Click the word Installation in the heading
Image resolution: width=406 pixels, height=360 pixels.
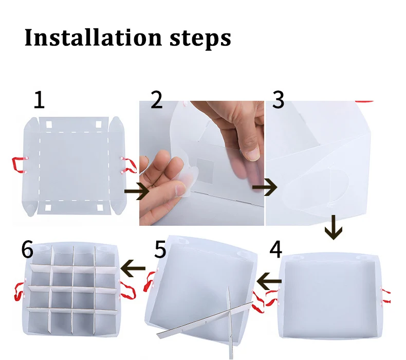click(93, 38)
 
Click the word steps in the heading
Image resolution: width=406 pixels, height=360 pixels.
click(200, 40)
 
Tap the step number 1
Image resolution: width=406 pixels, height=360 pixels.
click(40, 100)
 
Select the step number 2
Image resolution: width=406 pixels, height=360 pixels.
click(156, 100)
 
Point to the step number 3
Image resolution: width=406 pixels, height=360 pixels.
click(279, 100)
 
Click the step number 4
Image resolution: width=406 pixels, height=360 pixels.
click(276, 249)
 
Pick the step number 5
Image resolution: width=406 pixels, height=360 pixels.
click(160, 249)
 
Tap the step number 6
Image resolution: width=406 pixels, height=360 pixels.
click(27, 249)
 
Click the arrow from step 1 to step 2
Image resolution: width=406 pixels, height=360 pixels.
click(137, 191)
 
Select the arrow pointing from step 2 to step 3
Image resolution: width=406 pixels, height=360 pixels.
click(265, 187)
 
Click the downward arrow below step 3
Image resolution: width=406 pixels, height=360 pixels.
click(334, 227)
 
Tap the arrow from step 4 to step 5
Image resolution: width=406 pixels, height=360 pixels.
click(269, 281)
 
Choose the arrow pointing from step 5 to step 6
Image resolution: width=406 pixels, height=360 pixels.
click(133, 268)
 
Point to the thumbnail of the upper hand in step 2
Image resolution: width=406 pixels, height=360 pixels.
click(253, 153)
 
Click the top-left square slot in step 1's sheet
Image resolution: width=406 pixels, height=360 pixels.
click(49, 124)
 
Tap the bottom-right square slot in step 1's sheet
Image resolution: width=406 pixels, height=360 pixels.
click(100, 208)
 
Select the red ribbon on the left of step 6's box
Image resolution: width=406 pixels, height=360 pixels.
click(20, 291)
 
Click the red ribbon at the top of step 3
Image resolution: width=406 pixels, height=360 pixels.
click(364, 102)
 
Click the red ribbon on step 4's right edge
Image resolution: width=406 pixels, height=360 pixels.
click(386, 295)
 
